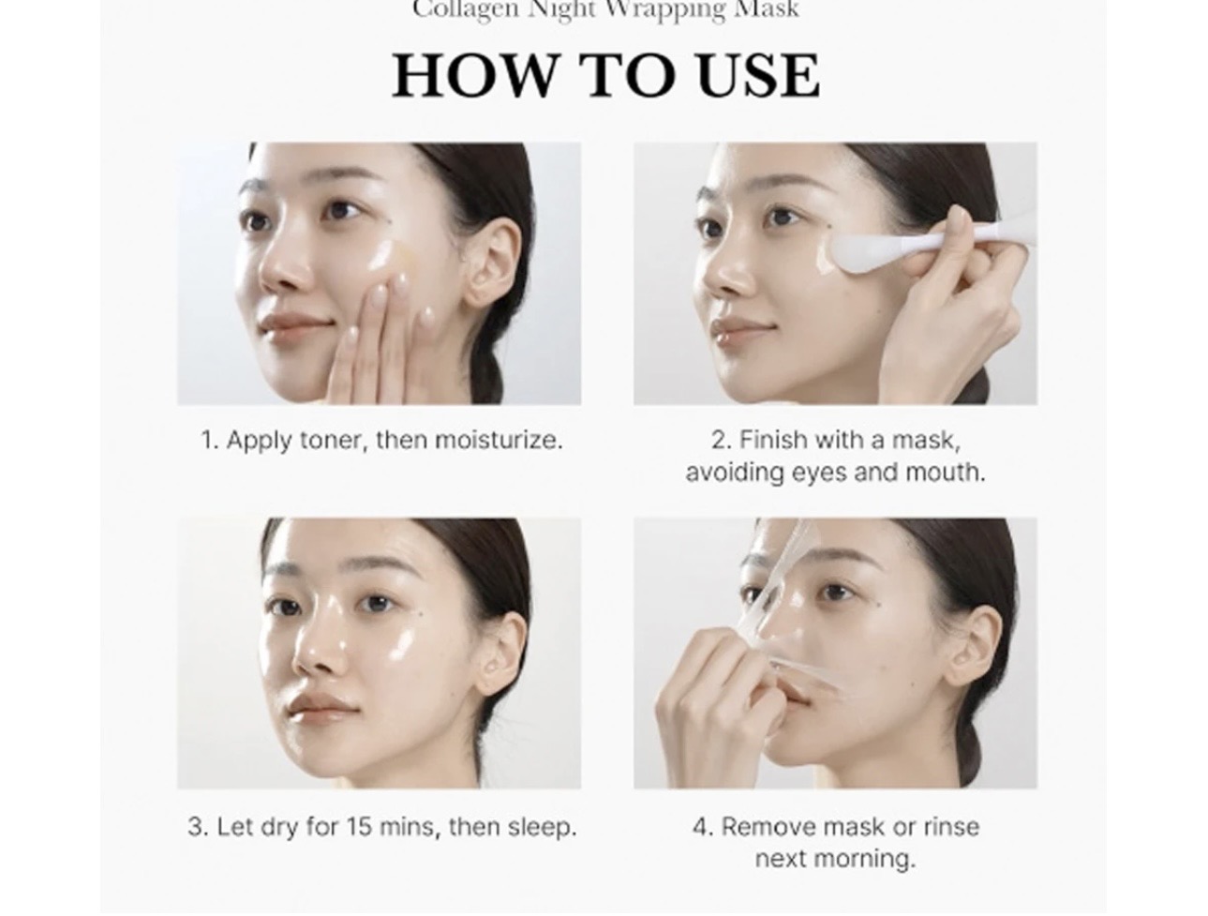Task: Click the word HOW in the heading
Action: [x=475, y=75]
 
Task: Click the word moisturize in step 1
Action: [x=498, y=441]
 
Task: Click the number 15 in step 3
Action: [x=359, y=827]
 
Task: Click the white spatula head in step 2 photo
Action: [x=857, y=254]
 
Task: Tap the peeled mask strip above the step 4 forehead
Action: [x=793, y=556]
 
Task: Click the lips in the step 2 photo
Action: [x=725, y=332]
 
